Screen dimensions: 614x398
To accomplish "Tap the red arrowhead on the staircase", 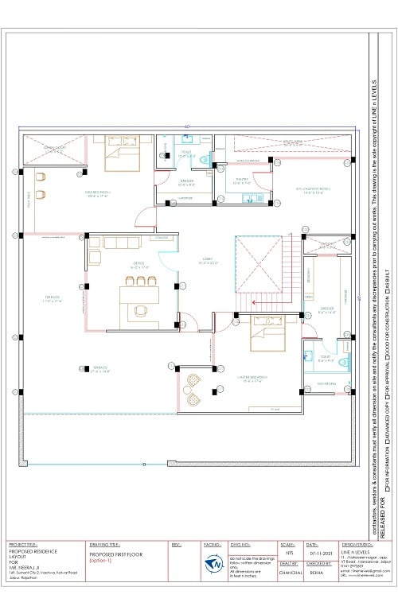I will (252, 302).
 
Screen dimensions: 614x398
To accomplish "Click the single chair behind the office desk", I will (142, 310).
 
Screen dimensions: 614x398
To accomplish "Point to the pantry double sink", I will (252, 197).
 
